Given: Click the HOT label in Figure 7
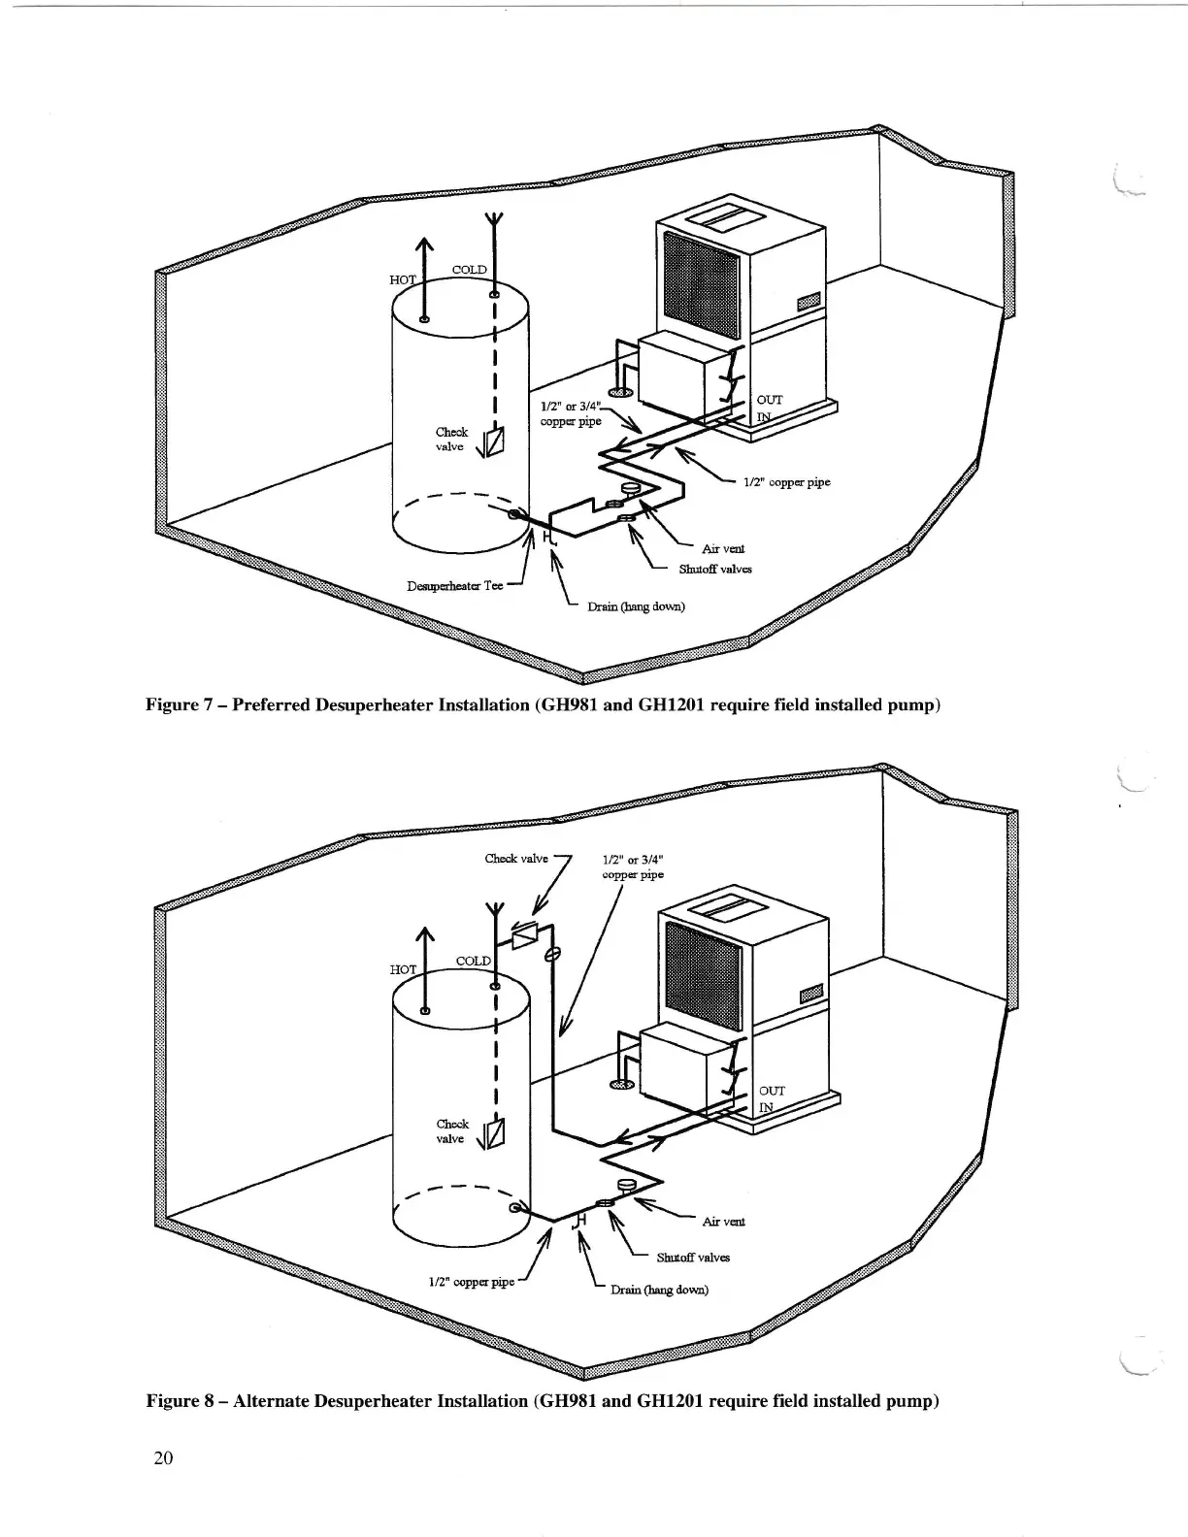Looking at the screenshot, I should pyautogui.click(x=403, y=280).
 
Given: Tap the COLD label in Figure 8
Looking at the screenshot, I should pyautogui.click(x=473, y=961).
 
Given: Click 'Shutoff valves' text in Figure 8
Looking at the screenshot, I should pyautogui.click(x=693, y=1257).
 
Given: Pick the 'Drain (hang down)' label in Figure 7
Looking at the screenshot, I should pyautogui.click(x=636, y=606).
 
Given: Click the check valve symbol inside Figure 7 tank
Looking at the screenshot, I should pyautogui.click(x=493, y=441).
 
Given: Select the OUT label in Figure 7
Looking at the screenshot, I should pyautogui.click(x=770, y=400).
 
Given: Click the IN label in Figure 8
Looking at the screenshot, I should pyautogui.click(x=766, y=1107).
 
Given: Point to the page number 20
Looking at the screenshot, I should pyautogui.click(x=162, y=1458).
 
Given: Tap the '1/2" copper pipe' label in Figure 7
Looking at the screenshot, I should pyautogui.click(x=786, y=481).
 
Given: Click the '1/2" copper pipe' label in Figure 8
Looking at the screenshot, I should pyautogui.click(x=471, y=1282).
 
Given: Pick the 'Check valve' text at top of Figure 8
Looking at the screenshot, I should pyautogui.click(x=516, y=858).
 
